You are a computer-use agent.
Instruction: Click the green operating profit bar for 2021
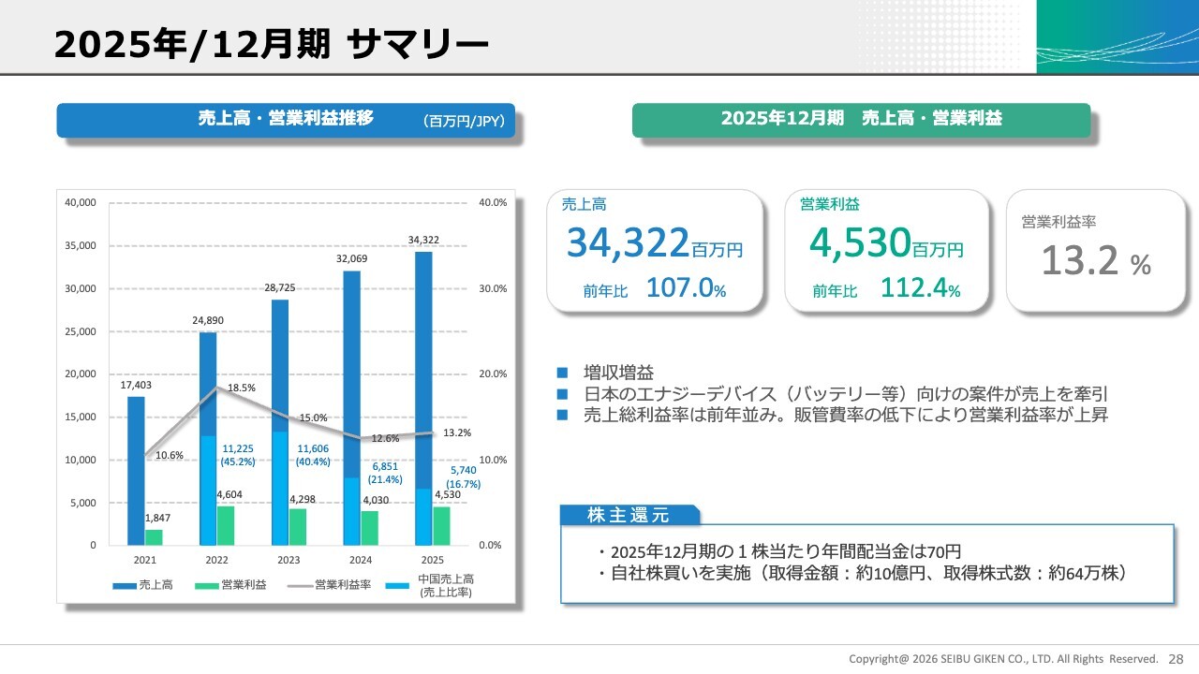click(x=154, y=537)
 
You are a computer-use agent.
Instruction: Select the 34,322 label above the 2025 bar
click(x=423, y=241)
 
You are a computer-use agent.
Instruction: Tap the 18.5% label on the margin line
click(x=241, y=388)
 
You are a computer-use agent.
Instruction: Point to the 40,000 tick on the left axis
click(x=81, y=202)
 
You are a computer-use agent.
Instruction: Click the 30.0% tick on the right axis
click(x=492, y=288)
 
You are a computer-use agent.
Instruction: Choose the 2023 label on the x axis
click(x=289, y=560)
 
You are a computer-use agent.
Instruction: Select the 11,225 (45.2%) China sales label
click(x=238, y=455)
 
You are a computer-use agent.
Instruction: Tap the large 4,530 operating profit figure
click(x=860, y=243)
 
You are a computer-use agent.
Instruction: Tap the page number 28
click(x=1176, y=658)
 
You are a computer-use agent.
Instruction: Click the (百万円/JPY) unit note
click(x=464, y=121)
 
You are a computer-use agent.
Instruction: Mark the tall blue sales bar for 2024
click(x=351, y=374)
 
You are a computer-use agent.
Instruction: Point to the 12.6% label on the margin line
click(x=385, y=438)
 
